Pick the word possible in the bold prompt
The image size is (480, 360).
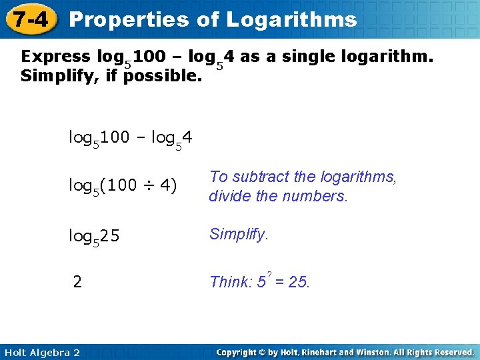point(165,76)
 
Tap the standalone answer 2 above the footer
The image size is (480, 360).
point(78,282)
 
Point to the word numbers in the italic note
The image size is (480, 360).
point(321,197)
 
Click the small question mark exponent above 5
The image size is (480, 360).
point(268,275)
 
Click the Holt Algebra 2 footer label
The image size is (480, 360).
point(41,352)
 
